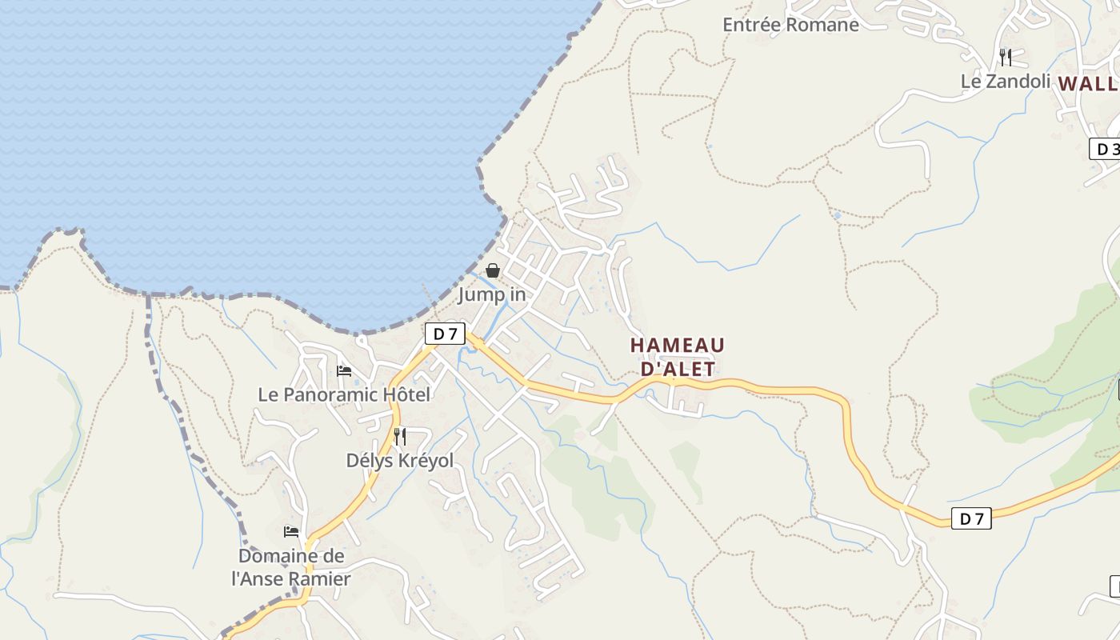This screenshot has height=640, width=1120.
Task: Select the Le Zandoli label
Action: [1005, 81]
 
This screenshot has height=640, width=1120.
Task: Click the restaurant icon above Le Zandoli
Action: [1006, 57]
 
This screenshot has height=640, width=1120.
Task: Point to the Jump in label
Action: [492, 295]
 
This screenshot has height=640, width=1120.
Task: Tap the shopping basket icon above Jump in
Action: [493, 271]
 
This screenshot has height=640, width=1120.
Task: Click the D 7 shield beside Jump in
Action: [445, 334]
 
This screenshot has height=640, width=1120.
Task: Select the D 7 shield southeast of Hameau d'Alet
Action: [971, 518]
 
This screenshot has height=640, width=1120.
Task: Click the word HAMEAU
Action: [678, 346]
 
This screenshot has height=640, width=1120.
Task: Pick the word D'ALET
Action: [678, 369]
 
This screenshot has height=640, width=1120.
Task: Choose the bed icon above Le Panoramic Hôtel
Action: [344, 370]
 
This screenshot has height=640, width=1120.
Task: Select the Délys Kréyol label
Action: [399, 461]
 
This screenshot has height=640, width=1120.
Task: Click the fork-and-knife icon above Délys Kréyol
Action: [400, 437]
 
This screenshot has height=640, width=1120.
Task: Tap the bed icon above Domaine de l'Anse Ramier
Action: [291, 531]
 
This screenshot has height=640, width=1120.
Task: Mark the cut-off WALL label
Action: [1087, 83]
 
